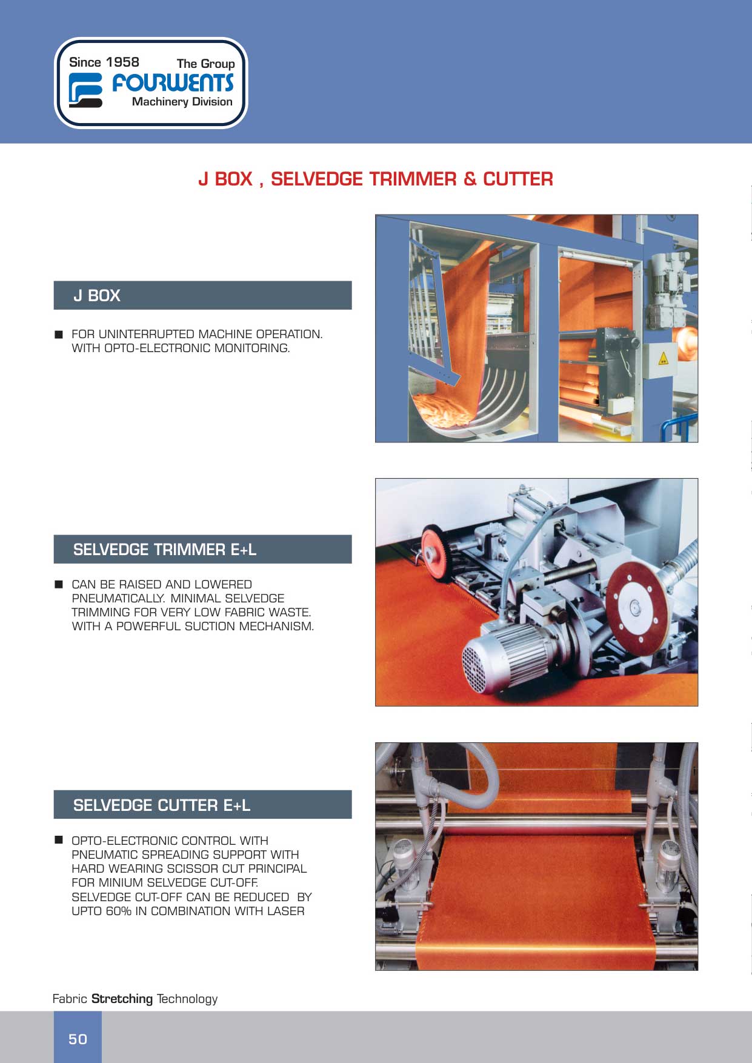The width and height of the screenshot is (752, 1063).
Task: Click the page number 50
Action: (x=78, y=1039)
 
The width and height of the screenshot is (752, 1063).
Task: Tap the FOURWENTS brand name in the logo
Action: (x=173, y=83)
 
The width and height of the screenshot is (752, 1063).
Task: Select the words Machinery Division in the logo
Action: (x=182, y=102)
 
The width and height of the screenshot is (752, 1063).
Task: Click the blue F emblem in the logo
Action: (x=85, y=90)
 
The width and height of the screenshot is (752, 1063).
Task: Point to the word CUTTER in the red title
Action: (x=518, y=179)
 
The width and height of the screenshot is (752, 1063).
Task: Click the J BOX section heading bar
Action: (x=202, y=295)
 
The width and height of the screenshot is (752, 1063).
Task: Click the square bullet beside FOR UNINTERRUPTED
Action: (x=59, y=334)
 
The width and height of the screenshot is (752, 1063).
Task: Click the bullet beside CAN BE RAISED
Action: (x=59, y=584)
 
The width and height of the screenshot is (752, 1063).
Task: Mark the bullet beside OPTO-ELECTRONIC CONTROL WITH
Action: (x=59, y=840)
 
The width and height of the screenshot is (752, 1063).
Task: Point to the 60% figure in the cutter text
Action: (x=118, y=911)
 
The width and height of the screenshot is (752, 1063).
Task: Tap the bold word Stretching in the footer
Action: (x=122, y=998)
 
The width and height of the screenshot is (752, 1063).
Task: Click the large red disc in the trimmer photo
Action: (x=636, y=605)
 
